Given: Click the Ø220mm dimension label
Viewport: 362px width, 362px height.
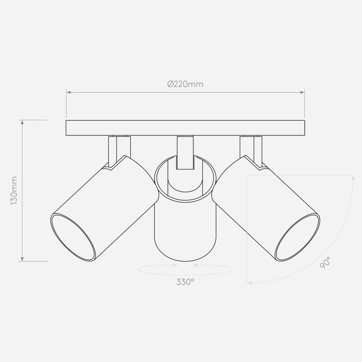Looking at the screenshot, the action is (185, 84).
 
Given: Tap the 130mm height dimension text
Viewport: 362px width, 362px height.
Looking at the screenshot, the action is (14, 190).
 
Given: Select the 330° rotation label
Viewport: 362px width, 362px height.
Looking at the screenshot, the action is (185, 282).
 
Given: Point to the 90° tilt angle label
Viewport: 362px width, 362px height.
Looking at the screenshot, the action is (325, 263).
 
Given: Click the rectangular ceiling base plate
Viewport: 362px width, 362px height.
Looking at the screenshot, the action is (185, 128).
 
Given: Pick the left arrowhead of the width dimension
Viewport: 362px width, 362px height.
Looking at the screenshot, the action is (69, 92).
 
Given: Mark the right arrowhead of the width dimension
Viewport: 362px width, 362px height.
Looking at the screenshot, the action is (302, 92).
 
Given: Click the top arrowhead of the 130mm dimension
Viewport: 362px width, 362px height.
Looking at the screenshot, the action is (22, 122).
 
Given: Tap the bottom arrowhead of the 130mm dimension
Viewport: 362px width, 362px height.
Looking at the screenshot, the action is (22, 259).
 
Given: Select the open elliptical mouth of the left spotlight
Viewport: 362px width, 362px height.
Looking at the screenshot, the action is (73, 237).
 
